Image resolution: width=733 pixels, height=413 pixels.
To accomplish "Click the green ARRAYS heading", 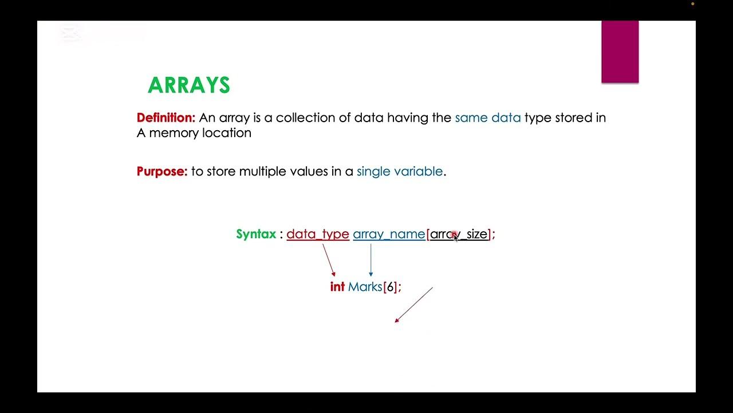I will click(189, 85).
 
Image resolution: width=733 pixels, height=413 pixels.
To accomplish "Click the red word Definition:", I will click(166, 118).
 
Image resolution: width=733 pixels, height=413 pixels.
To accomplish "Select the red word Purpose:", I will click(162, 171).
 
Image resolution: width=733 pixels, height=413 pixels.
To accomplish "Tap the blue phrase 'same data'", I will click(488, 118).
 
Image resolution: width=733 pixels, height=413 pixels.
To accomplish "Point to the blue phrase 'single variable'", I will click(400, 171).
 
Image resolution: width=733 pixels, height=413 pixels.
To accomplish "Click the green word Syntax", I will click(256, 234).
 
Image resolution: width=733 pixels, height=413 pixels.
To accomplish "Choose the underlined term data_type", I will click(318, 234).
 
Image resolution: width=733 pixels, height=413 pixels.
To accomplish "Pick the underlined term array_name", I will click(389, 234).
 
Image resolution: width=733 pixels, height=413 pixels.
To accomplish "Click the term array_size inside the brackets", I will click(459, 234).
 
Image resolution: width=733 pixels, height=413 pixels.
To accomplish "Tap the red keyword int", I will click(337, 287).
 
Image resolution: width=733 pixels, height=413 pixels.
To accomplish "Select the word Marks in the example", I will click(365, 287).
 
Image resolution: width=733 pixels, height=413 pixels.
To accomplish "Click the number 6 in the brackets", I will click(390, 287).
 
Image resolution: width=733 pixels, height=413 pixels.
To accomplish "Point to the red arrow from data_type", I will click(329, 260).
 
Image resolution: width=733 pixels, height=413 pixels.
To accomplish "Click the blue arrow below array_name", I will click(371, 260).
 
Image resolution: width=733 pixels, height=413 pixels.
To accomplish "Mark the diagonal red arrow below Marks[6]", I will click(413, 305).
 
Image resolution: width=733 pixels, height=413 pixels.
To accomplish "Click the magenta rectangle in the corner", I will click(620, 52).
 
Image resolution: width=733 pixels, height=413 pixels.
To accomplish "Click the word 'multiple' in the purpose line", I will click(262, 171).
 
